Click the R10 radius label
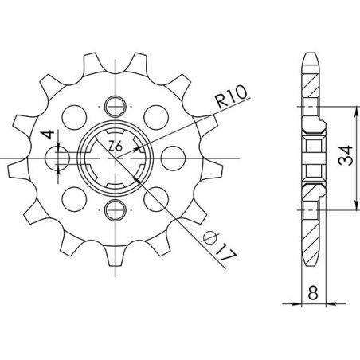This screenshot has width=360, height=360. [231, 102]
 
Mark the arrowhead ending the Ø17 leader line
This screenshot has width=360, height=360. [141, 182]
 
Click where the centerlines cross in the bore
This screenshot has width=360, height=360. [116, 157]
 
